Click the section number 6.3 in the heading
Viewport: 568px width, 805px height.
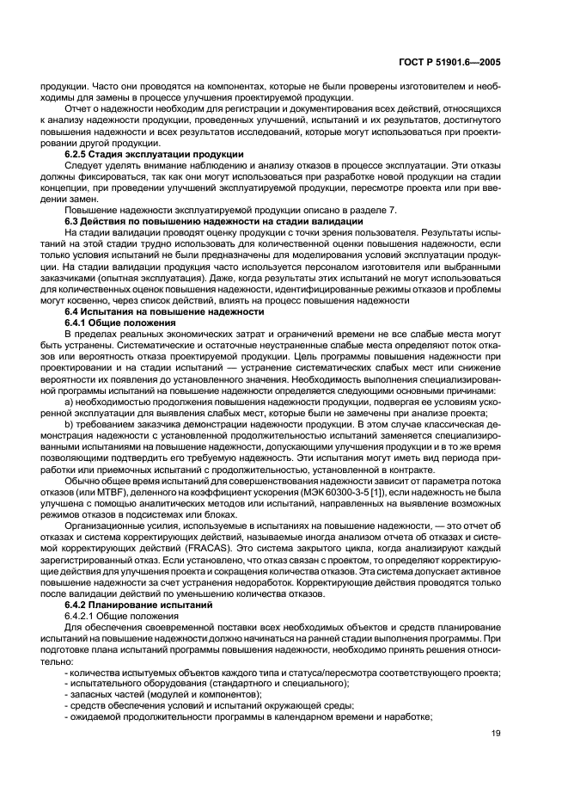[72, 221]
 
